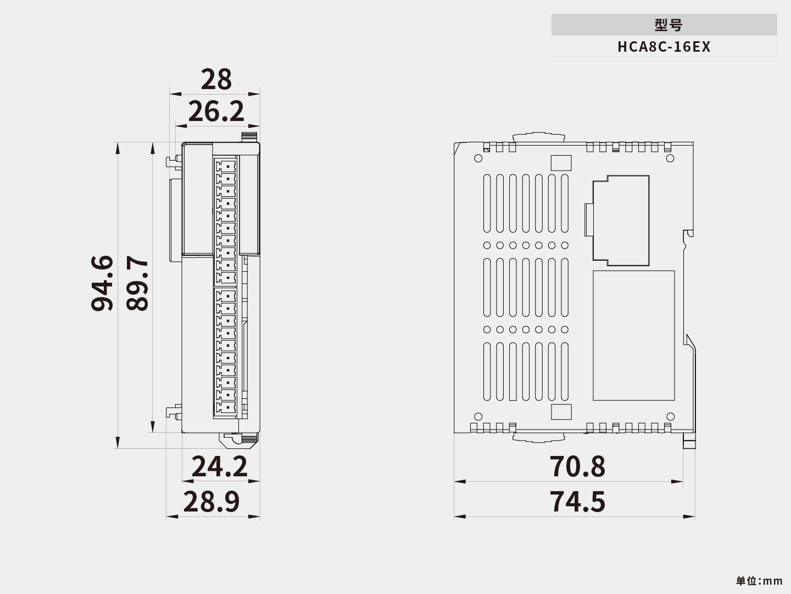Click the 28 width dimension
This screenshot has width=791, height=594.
pyautogui.click(x=216, y=80)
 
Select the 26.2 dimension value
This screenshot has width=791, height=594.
pyautogui.click(x=216, y=112)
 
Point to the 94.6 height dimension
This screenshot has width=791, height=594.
pyautogui.click(x=102, y=283)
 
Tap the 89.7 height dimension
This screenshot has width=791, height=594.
pyautogui.click(x=137, y=283)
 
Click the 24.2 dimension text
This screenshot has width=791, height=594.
pyautogui.click(x=219, y=467)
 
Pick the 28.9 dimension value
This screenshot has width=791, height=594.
pyautogui.click(x=211, y=502)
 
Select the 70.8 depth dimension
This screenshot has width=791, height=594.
pyautogui.click(x=577, y=466)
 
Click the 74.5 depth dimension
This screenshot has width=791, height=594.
pyautogui.click(x=577, y=502)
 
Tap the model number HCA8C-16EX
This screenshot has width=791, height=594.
pyautogui.click(x=664, y=47)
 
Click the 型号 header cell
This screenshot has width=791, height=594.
pyautogui.click(x=664, y=25)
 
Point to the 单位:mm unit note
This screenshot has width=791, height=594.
pyautogui.click(x=759, y=581)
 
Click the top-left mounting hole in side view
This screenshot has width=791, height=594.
pyautogui.click(x=478, y=158)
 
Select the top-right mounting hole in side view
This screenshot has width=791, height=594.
pyautogui.click(x=670, y=158)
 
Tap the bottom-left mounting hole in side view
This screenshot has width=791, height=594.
pyautogui.click(x=478, y=416)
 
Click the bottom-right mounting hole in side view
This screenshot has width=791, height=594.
pyautogui.click(x=670, y=416)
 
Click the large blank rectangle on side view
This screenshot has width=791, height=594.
pyautogui.click(x=633, y=335)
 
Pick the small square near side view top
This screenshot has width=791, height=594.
pyautogui.click(x=561, y=163)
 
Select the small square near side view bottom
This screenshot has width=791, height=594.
pyautogui.click(x=561, y=412)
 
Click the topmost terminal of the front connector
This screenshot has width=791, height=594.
pyautogui.click(x=227, y=165)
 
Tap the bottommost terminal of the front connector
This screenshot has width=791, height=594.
pyautogui.click(x=227, y=408)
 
